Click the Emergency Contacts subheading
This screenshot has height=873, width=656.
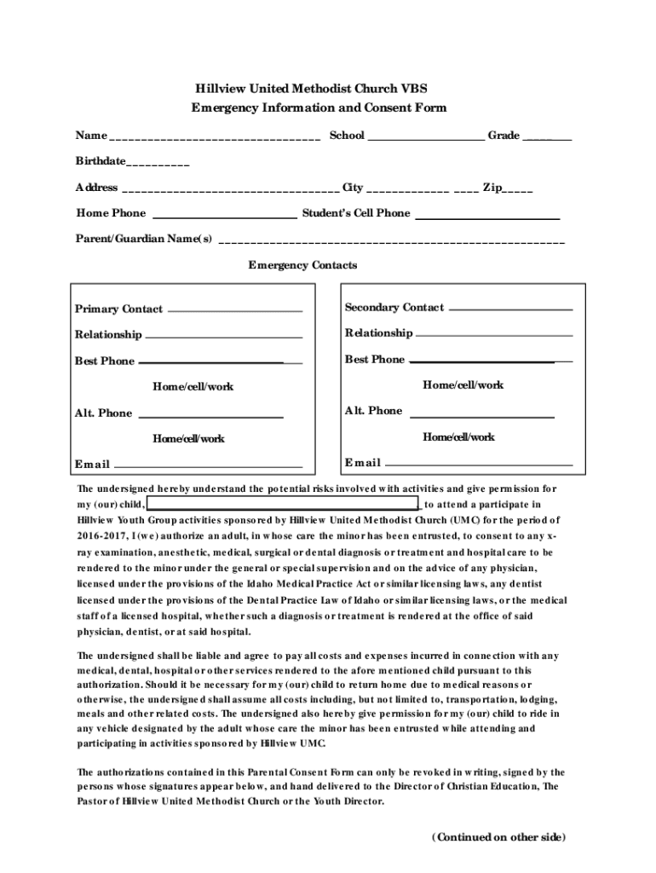pyautogui.click(x=302, y=265)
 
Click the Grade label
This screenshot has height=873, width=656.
pyautogui.click(x=504, y=136)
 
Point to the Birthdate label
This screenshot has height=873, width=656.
pyautogui.click(x=100, y=161)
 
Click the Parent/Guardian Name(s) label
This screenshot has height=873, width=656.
pyautogui.click(x=144, y=239)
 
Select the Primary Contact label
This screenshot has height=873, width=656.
pyautogui.click(x=118, y=309)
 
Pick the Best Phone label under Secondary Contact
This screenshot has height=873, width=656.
pyautogui.click(x=375, y=360)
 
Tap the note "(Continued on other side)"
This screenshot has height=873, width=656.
pyautogui.click(x=498, y=837)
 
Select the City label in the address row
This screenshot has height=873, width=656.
pyautogui.click(x=353, y=188)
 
